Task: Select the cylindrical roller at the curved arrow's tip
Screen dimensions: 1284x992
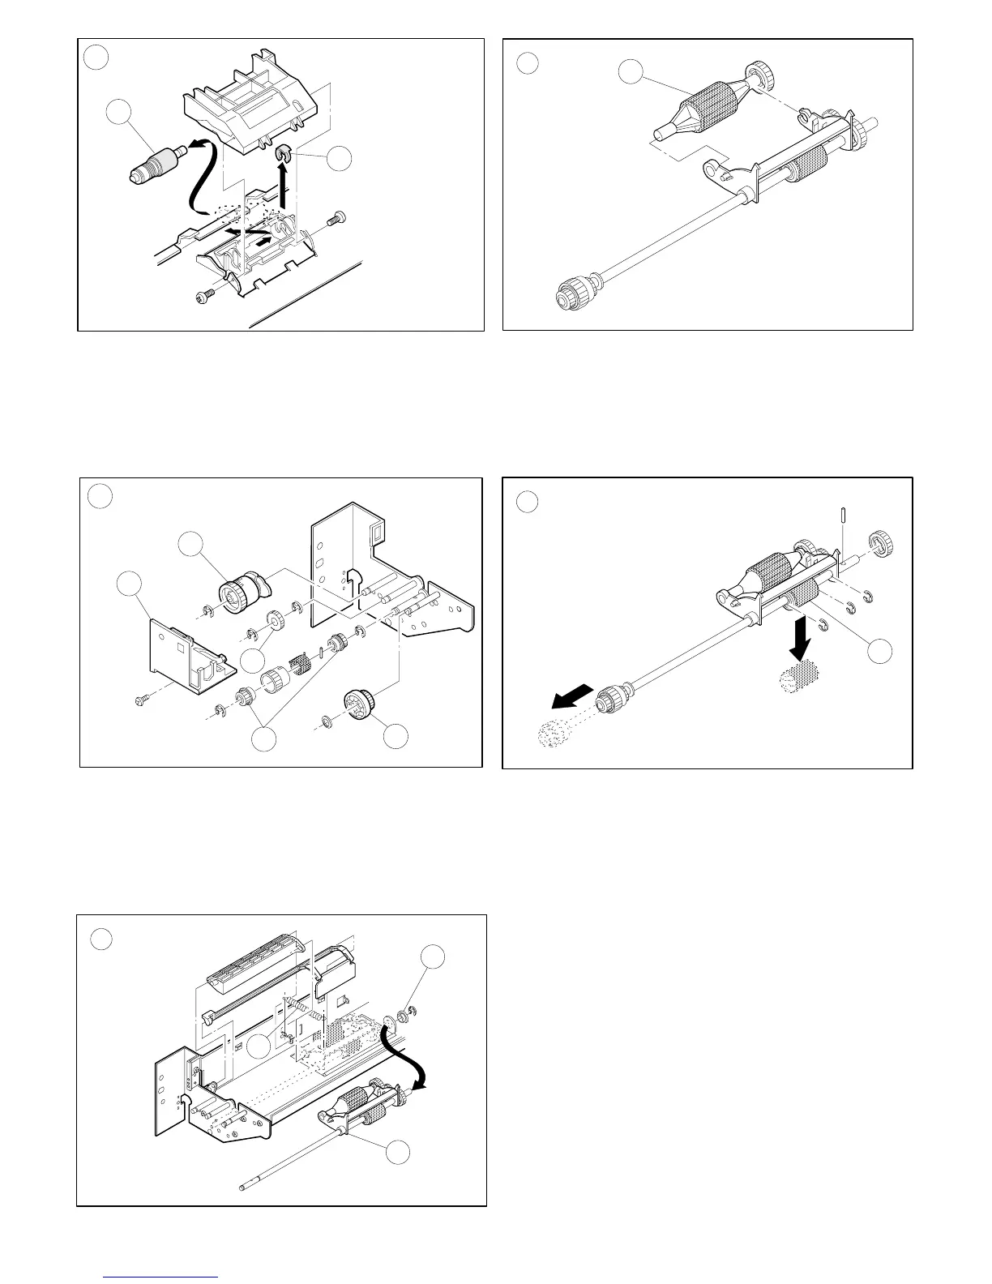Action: click(153, 162)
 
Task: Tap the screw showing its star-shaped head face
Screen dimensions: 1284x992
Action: click(201, 298)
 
